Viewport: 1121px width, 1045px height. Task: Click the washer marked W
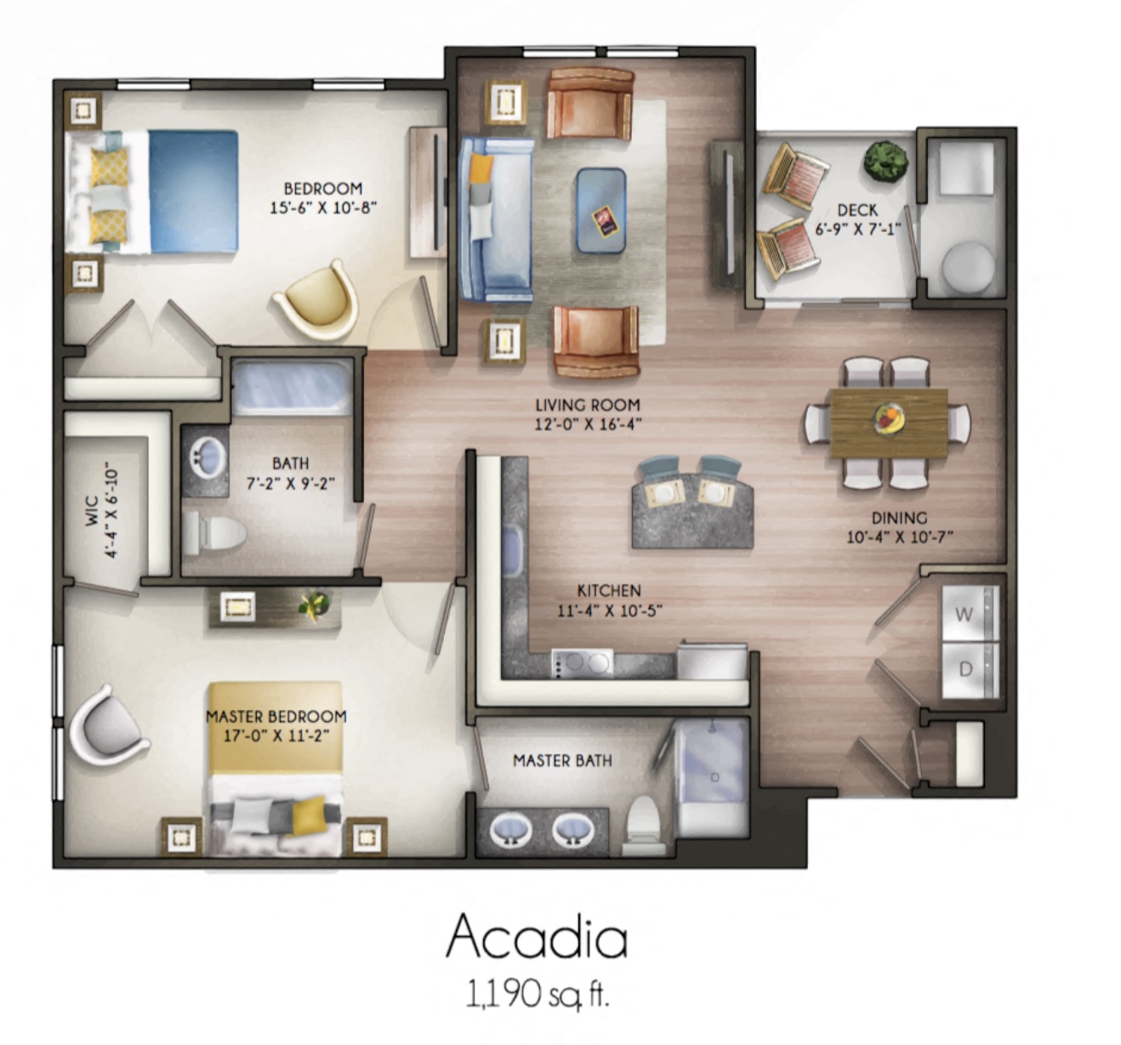click(968, 613)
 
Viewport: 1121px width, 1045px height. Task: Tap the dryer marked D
click(968, 669)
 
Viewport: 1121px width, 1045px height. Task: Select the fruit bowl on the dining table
click(888, 417)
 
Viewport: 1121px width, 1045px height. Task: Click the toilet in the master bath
click(641, 825)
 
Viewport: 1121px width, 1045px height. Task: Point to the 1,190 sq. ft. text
click(537, 992)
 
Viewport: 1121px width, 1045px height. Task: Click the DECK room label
click(856, 209)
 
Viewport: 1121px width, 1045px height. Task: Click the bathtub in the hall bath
click(292, 388)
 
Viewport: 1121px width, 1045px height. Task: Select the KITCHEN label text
click(609, 590)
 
